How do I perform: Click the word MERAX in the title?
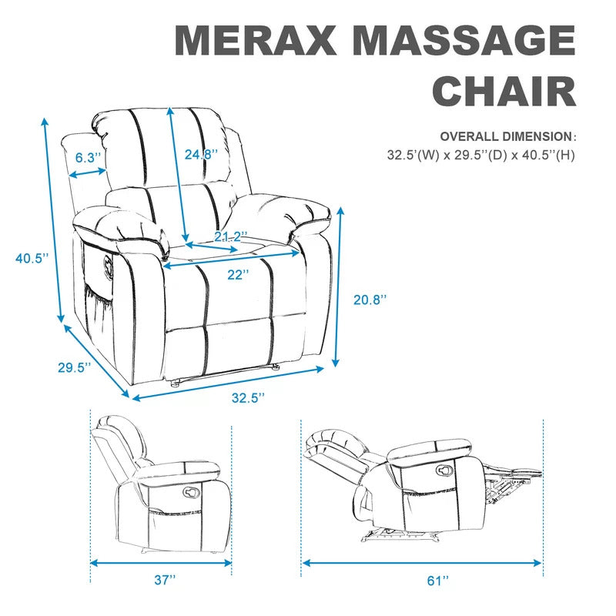[x=256, y=40]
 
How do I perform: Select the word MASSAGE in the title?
[x=465, y=40]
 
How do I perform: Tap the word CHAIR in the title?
[x=504, y=90]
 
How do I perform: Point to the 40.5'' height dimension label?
[x=32, y=258]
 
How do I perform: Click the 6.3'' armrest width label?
[x=89, y=158]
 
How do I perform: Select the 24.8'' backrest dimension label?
[x=201, y=155]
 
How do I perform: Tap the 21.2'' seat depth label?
[x=231, y=236]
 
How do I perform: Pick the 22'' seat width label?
[x=238, y=274]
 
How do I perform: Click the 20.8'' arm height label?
[x=370, y=300]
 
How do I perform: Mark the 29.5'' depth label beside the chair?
[x=75, y=367]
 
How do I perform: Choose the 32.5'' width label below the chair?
[x=248, y=397]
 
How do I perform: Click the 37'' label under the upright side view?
[x=165, y=580]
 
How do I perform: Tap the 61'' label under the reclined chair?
[x=438, y=581]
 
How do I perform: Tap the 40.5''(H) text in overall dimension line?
[x=548, y=155]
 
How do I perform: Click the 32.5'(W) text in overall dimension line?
[x=413, y=155]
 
